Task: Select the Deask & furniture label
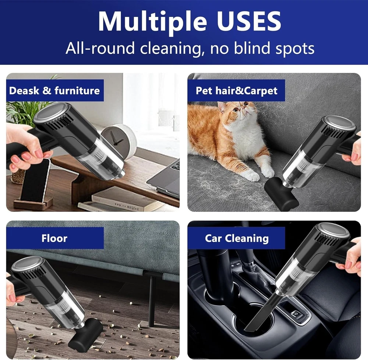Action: point(54,91)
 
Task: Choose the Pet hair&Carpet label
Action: point(237,91)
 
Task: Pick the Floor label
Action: point(54,238)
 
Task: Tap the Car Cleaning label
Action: point(237,238)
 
